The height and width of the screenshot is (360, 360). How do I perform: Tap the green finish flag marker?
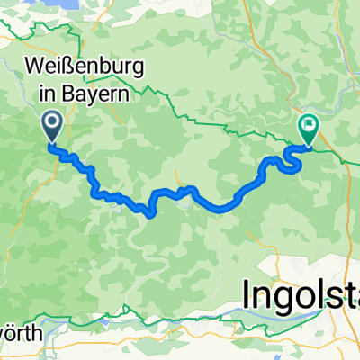[308, 130]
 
